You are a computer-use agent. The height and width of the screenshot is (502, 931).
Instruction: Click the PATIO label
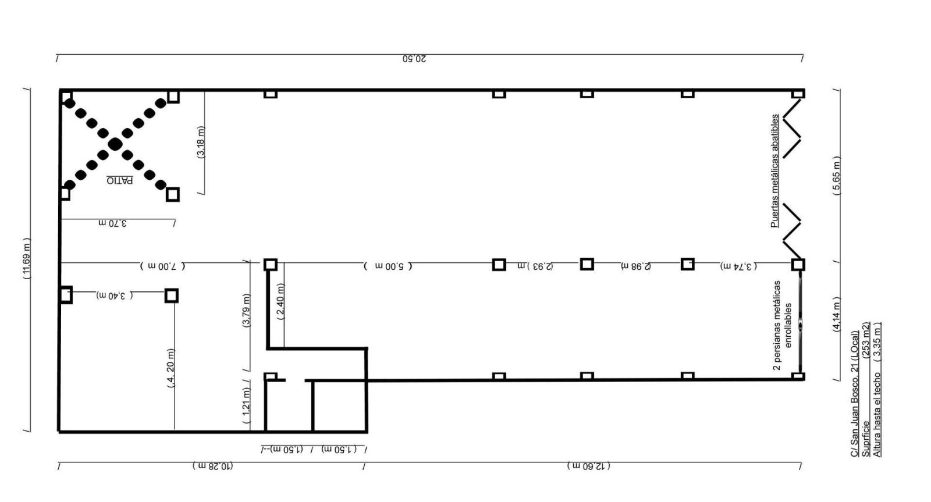click(120, 180)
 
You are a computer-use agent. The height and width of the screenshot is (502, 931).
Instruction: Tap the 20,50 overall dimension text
click(414, 59)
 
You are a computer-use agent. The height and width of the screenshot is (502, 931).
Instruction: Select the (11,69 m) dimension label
click(26, 258)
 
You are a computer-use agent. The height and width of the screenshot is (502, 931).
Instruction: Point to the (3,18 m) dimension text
click(201, 142)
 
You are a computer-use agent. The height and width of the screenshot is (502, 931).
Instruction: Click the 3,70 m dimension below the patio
click(113, 223)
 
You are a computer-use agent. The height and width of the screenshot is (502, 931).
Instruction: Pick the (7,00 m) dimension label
click(162, 266)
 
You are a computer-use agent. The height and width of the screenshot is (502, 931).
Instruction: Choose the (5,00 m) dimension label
click(388, 266)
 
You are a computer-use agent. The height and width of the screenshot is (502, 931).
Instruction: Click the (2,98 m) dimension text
click(636, 266)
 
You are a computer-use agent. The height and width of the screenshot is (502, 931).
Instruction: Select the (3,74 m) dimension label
click(738, 266)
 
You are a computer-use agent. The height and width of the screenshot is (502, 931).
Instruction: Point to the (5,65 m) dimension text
click(837, 175)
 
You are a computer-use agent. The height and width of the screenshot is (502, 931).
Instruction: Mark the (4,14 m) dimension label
click(837, 314)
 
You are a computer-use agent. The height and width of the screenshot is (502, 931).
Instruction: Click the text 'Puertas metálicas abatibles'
click(774, 171)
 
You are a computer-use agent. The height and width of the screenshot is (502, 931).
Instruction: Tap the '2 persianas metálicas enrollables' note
click(783, 325)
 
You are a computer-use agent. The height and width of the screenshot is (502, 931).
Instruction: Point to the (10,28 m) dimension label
click(212, 467)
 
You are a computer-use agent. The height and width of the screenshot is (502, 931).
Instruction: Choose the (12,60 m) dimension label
click(588, 467)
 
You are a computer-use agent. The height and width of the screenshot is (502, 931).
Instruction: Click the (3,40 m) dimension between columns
click(115, 296)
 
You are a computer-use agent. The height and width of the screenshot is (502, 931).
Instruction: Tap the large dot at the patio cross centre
click(115, 144)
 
